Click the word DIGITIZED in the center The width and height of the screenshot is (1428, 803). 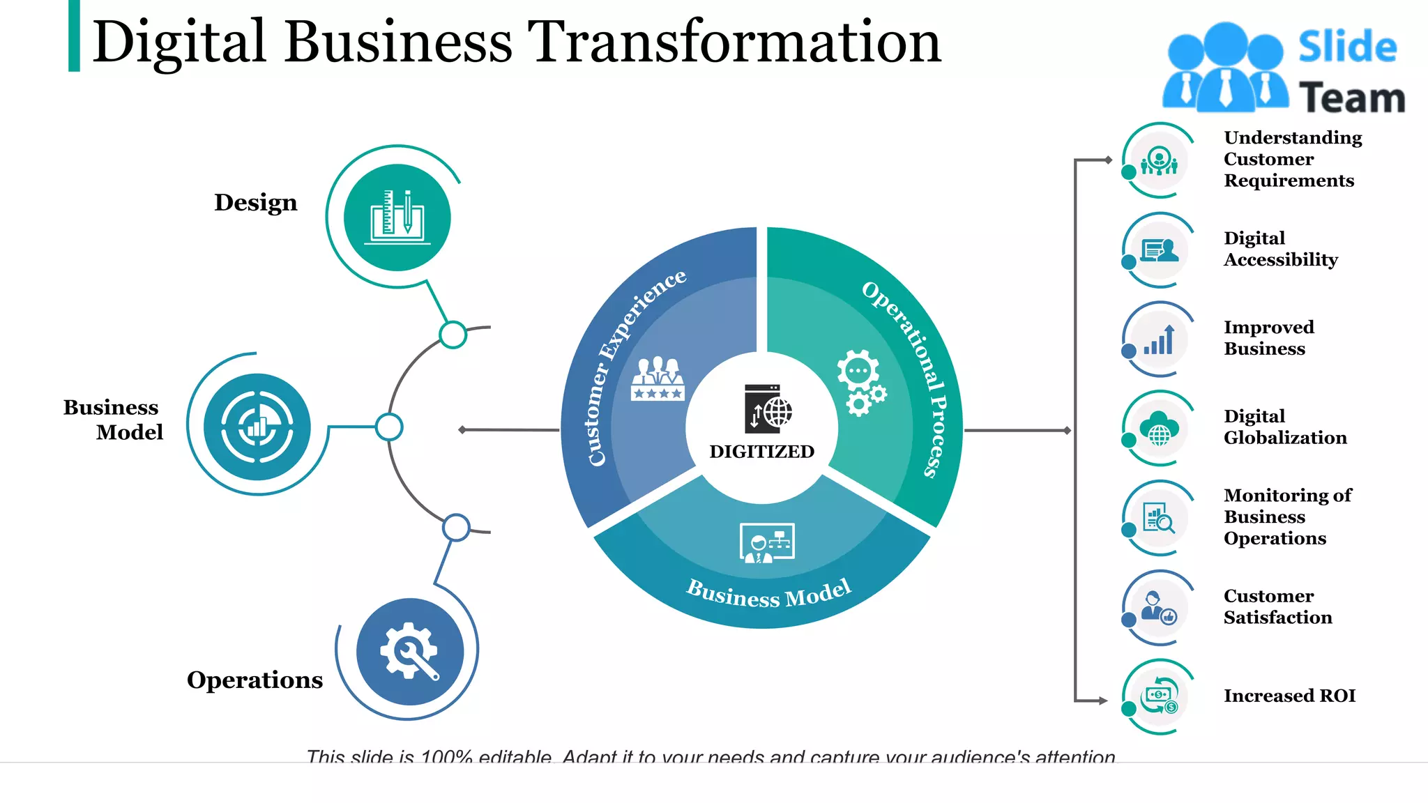tap(761, 452)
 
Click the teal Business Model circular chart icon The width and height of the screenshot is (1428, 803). tap(257, 427)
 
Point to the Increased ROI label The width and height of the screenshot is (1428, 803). tap(1289, 696)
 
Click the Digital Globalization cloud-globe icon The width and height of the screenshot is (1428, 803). tap(1159, 429)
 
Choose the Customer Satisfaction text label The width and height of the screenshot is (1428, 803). tap(1277, 606)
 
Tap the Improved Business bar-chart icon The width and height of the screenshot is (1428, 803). tap(1159, 340)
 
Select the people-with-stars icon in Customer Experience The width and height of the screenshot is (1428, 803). tap(657, 379)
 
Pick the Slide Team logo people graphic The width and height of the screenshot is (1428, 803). tap(1225, 68)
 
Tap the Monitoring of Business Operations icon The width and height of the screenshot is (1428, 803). tap(1159, 518)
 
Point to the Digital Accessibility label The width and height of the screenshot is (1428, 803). tap(1280, 249)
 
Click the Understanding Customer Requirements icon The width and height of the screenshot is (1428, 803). tap(1159, 161)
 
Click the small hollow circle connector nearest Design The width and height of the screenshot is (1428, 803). tap(453, 335)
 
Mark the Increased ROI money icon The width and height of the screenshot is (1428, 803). tap(1159, 696)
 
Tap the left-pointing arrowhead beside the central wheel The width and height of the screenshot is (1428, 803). tap(462, 430)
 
